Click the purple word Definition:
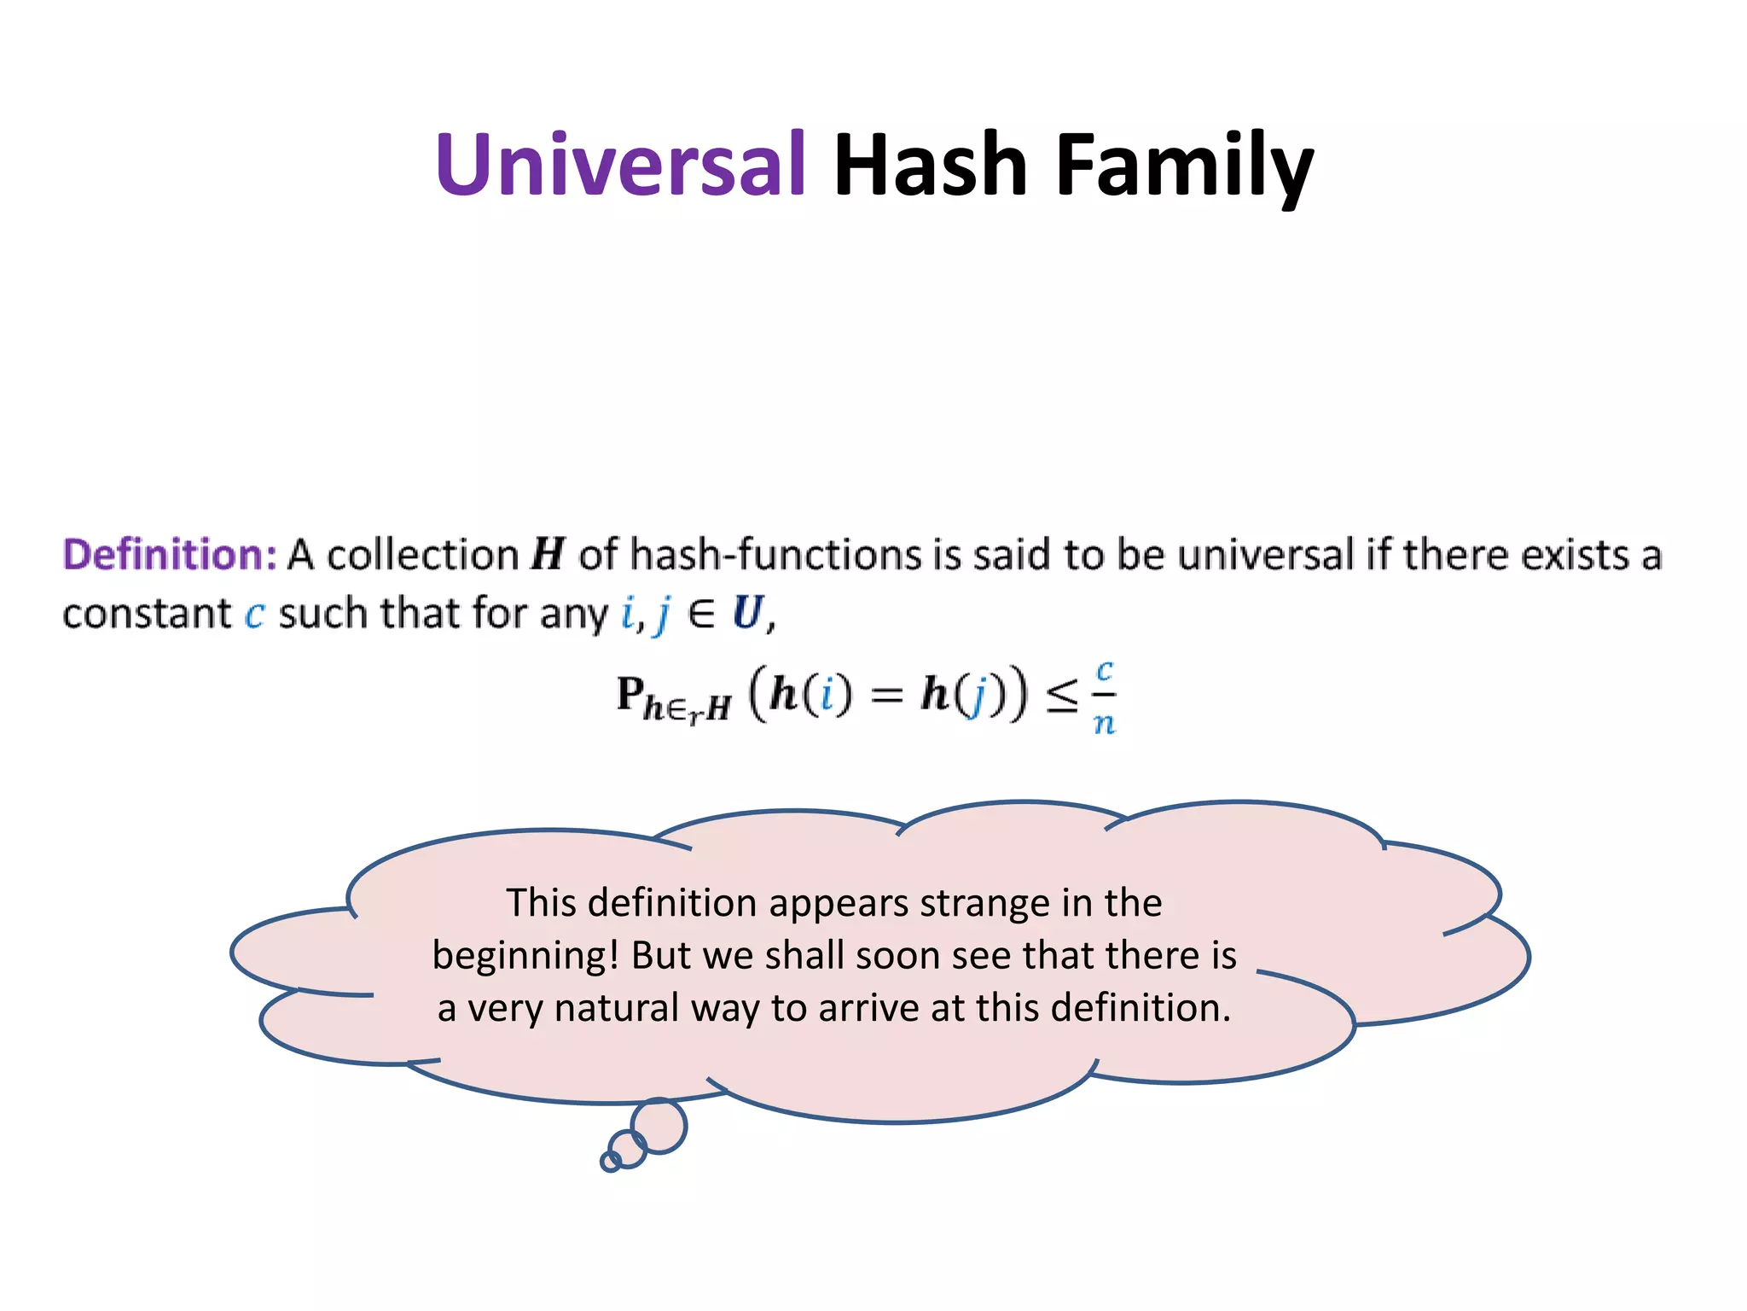tap(170, 555)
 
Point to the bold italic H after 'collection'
tap(548, 555)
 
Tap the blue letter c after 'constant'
tap(254, 615)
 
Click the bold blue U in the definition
tap(747, 613)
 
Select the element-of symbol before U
tap(701, 615)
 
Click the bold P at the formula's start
tap(630, 693)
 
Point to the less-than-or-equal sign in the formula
tap(1062, 696)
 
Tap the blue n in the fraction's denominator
tap(1104, 724)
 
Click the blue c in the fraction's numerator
tap(1105, 671)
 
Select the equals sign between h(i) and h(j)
tap(887, 695)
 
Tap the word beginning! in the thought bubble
tap(525, 955)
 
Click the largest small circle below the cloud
tap(659, 1126)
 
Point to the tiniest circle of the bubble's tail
tap(611, 1161)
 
